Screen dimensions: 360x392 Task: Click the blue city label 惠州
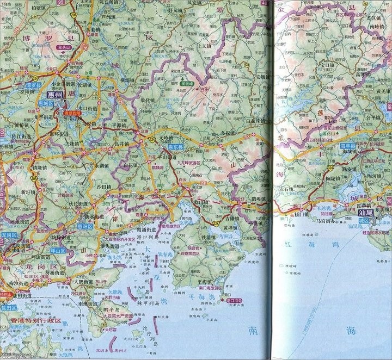56,95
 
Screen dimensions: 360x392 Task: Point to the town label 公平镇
373,116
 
